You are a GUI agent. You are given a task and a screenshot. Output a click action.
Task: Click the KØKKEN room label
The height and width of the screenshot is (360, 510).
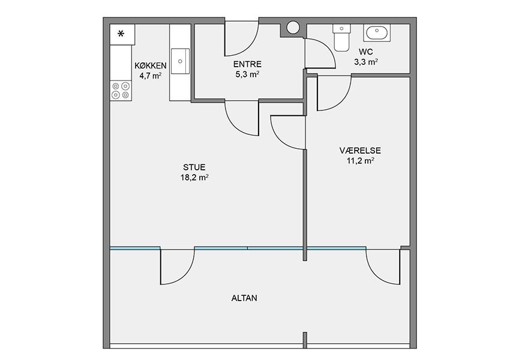tap(151, 65)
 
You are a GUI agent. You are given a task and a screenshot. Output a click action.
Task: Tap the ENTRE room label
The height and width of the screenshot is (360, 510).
tap(247, 64)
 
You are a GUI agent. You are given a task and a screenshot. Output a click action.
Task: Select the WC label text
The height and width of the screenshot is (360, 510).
tap(366, 52)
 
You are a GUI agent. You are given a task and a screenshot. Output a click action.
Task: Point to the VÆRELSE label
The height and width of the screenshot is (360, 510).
tap(360, 151)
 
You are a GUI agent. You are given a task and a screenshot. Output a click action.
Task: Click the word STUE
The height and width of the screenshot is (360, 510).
tap(194, 167)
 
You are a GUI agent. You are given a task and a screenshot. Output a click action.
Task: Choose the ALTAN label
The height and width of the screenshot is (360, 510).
tap(244, 298)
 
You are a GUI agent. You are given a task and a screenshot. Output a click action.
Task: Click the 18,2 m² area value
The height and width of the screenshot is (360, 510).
tap(194, 177)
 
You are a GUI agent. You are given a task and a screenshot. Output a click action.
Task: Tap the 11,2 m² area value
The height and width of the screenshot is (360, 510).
tap(360, 160)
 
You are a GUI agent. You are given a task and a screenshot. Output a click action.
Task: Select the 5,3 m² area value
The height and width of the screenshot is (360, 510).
tap(247, 74)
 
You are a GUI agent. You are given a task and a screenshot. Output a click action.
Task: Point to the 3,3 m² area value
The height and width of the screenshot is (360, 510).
tap(366, 62)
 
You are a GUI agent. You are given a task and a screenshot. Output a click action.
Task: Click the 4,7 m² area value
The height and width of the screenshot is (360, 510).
tap(151, 76)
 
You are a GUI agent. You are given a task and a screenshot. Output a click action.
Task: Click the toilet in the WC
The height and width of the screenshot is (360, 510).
tap(341, 38)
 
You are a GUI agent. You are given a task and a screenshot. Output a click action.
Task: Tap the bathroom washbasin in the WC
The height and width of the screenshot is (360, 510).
tap(377, 33)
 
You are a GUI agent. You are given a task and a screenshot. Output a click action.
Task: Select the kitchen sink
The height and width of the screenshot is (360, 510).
tap(180, 61)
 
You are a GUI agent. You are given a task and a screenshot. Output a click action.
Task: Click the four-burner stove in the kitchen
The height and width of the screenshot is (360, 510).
tap(121, 91)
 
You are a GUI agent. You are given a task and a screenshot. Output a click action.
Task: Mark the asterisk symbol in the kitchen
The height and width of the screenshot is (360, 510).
tap(121, 34)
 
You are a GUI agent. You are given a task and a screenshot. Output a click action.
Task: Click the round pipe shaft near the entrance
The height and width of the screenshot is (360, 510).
tap(293, 28)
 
